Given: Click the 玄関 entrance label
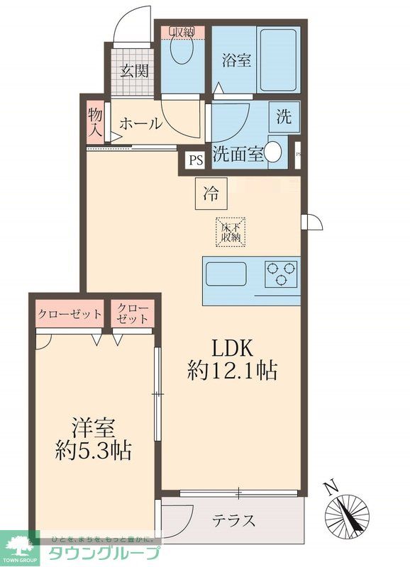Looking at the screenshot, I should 133,71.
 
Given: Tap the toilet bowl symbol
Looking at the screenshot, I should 182,52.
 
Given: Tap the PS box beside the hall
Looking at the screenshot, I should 195,160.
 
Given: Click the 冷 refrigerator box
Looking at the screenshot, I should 211,191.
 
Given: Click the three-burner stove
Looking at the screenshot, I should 281,274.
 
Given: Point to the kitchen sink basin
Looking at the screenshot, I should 226,273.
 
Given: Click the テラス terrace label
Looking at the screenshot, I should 233,521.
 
